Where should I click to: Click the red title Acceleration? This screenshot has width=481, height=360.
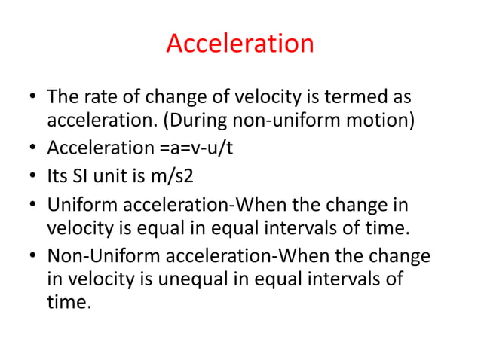(240, 43)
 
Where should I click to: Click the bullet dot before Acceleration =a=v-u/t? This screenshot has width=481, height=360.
(31, 148)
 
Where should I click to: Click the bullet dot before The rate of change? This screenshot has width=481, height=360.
(31, 99)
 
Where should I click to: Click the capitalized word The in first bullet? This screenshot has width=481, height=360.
(60, 99)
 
